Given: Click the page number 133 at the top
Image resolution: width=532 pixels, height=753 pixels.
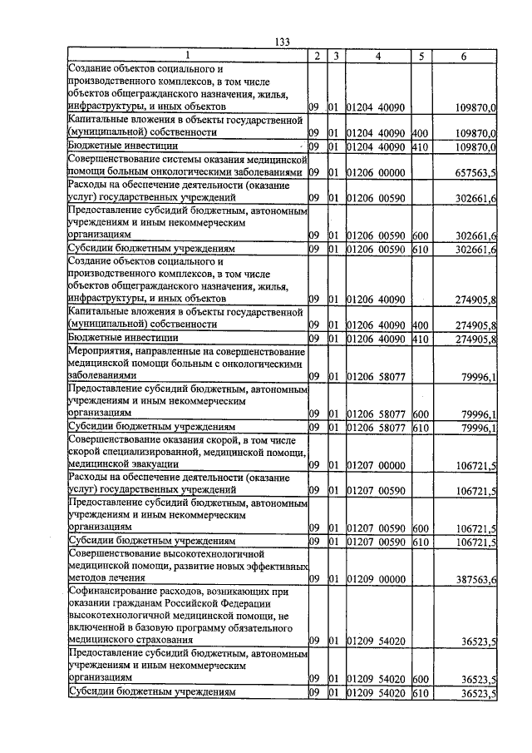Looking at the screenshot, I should click(x=280, y=43).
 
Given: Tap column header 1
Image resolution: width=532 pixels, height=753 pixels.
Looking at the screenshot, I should click(x=186, y=56).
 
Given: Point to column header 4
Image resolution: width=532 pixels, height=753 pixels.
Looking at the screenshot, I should click(x=377, y=56).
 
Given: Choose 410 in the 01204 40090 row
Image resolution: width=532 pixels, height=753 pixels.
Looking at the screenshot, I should click(x=419, y=146).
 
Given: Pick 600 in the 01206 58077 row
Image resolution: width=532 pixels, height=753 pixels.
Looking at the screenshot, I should click(x=419, y=414).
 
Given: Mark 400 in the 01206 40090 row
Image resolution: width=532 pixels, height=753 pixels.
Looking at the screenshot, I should click(x=419, y=324).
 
